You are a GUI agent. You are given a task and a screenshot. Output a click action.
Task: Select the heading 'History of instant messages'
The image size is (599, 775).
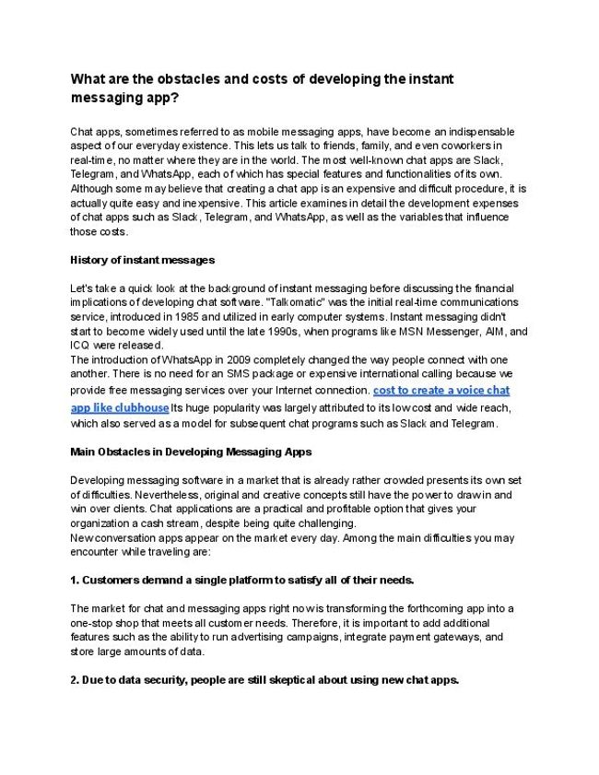(x=143, y=260)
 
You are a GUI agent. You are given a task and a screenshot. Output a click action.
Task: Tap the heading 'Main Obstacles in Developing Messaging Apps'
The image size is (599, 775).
(x=191, y=452)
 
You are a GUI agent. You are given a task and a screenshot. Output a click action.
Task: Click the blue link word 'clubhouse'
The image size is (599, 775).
(x=139, y=406)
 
